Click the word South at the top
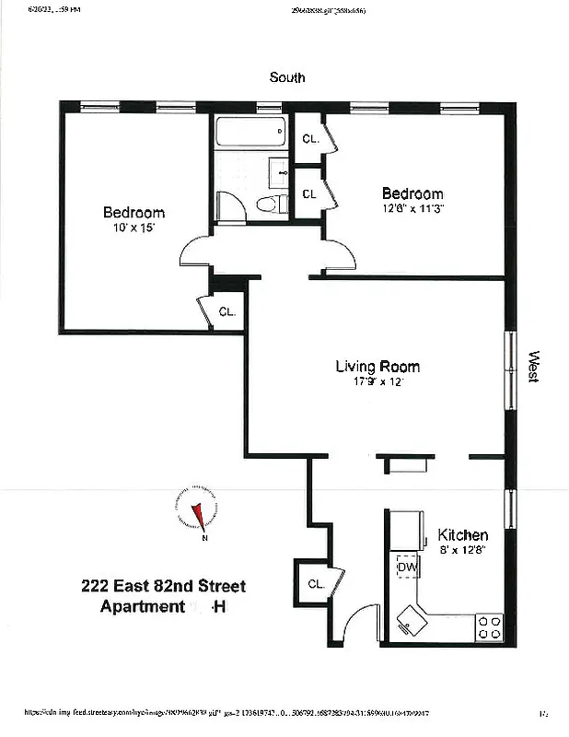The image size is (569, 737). click(x=286, y=78)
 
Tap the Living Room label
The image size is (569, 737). click(x=377, y=367)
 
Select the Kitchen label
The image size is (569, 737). click(x=462, y=535)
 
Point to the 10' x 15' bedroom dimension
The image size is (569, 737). click(x=134, y=228)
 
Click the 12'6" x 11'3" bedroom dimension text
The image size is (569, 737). click(x=412, y=209)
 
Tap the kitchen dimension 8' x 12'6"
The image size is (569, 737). click(x=462, y=550)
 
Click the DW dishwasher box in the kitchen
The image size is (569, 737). click(x=407, y=567)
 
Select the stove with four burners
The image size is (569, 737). click(x=489, y=627)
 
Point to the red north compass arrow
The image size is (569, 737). click(x=197, y=515)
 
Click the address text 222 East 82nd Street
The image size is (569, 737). click(x=164, y=586)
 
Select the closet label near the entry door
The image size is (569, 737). click(x=316, y=583)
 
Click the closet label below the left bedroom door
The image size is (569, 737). click(x=226, y=311)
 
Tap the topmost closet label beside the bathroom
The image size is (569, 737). click(x=309, y=139)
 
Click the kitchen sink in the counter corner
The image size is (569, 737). click(x=408, y=620)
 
